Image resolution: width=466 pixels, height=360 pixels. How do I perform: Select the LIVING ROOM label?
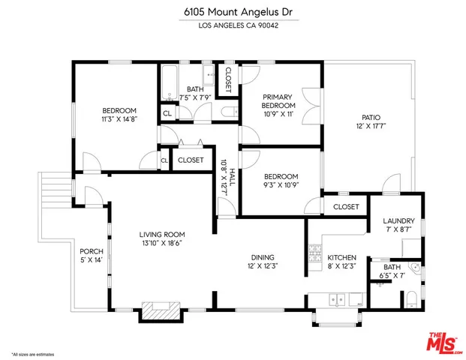(161, 233)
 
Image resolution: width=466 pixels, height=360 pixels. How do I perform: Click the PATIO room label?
(371, 118)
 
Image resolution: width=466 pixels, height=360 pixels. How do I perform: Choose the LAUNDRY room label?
(398, 220)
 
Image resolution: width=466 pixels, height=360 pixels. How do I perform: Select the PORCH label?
(91, 250)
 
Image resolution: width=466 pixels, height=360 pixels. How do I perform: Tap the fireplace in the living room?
(161, 309)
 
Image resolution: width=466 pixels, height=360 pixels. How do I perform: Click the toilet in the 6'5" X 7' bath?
(411, 300)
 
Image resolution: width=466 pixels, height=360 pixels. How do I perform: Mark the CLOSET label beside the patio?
(346, 206)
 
